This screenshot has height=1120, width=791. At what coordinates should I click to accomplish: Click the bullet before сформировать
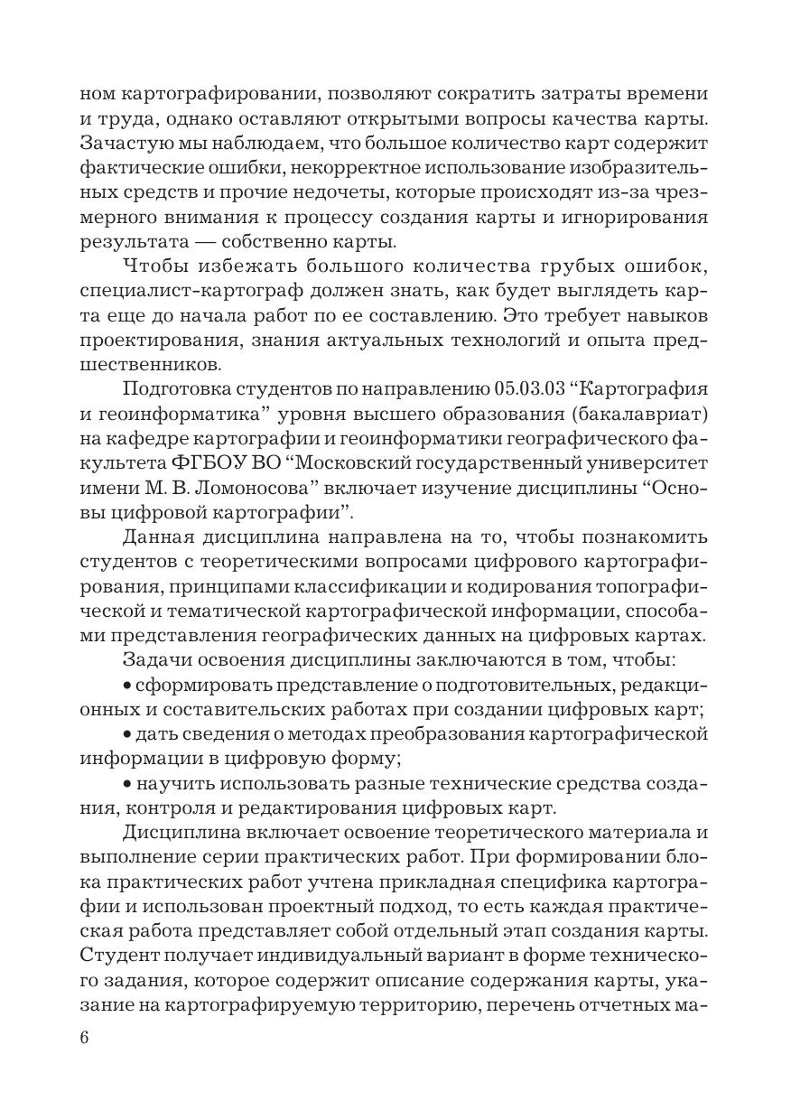(x=126, y=684)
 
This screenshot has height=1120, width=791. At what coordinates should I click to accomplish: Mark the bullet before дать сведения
(x=126, y=733)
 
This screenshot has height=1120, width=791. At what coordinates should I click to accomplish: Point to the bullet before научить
(x=126, y=781)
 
